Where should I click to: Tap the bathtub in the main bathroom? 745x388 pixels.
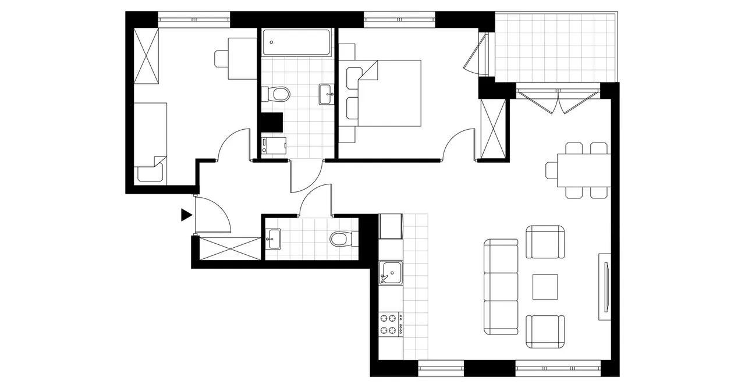coord(296,42)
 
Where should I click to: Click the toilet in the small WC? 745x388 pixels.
coord(339,239)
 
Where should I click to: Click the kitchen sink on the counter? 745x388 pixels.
coord(391,272)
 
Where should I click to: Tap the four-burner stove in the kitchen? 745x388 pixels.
coord(391,324)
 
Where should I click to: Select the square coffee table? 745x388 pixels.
coord(545,287)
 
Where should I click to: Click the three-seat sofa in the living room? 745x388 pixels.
coord(501,287)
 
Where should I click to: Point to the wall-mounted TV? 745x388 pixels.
coord(606,286)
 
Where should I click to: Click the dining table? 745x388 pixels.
coord(584,169)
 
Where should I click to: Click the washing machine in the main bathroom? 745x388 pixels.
coord(274,145)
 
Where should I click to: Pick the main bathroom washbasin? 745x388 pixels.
coord(327,94)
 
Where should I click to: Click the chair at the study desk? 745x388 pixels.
coord(222,59)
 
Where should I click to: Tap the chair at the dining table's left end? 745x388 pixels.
coord(552,170)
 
